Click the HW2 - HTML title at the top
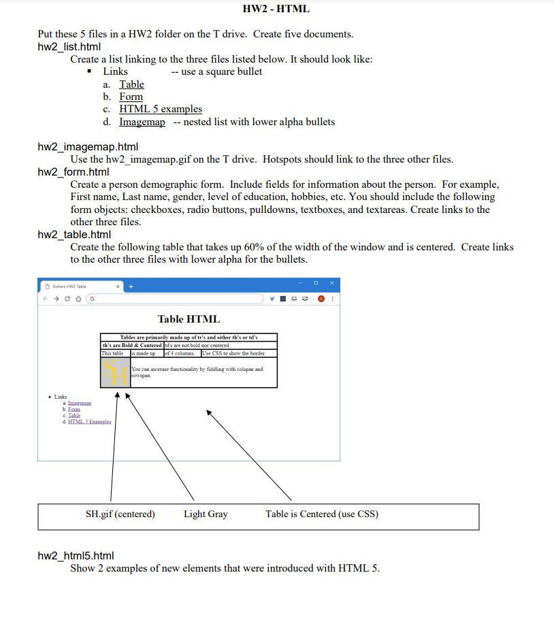click(276, 9)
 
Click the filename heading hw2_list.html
click(69, 46)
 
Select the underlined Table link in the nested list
click(131, 84)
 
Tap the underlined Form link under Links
click(131, 97)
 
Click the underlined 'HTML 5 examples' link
click(161, 109)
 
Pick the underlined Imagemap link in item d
click(142, 122)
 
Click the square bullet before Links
click(90, 71)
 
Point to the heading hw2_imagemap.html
click(88, 147)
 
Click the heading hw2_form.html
click(74, 171)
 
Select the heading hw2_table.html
click(74, 234)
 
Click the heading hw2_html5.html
click(75, 555)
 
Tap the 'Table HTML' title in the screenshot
click(189, 318)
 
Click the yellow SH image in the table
click(115, 372)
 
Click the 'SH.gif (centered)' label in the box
click(120, 514)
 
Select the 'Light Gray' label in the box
click(206, 514)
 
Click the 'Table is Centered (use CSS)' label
click(322, 514)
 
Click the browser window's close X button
click(331, 282)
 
